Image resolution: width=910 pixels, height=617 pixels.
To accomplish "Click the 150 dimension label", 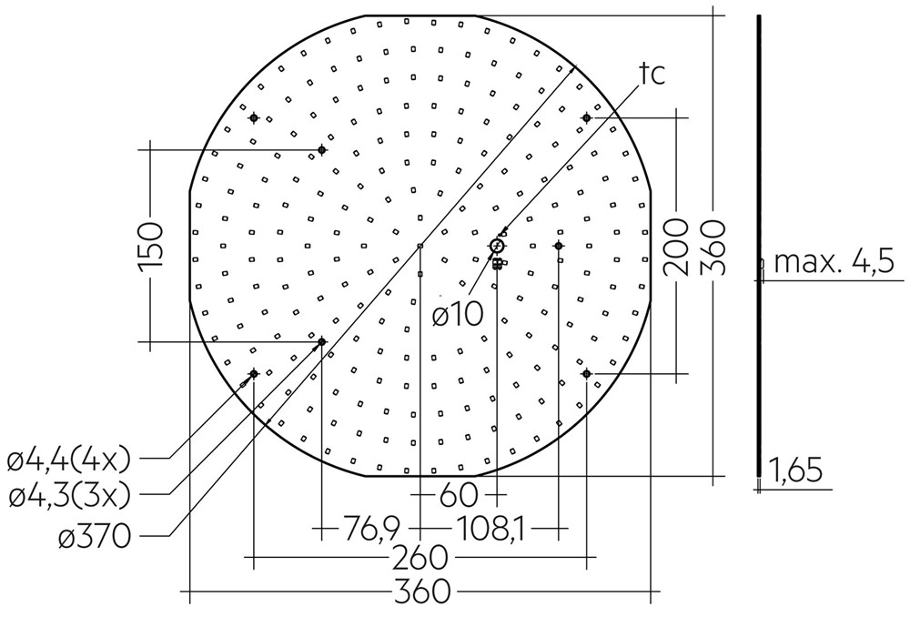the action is (x=151, y=246).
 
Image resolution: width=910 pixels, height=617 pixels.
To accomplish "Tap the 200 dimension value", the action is (x=676, y=247).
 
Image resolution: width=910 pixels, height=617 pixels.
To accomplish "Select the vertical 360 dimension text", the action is (x=713, y=247).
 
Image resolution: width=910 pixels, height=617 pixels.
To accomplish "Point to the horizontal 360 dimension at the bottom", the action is (x=422, y=592).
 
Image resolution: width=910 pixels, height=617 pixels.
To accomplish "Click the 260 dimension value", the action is (x=421, y=558).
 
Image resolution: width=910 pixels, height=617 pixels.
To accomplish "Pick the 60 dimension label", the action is (x=459, y=495).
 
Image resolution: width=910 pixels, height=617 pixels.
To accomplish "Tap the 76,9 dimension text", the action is (x=371, y=528).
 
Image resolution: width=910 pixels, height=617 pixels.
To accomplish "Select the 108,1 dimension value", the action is (x=490, y=528).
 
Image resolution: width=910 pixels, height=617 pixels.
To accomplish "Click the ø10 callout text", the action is (x=458, y=315).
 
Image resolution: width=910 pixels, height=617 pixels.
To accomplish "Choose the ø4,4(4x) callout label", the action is (x=69, y=461).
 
